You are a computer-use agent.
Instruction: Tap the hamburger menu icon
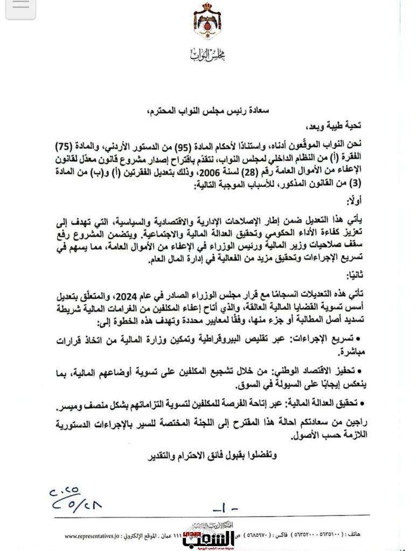(20, 7)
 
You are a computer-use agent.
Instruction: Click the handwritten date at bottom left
(75, 499)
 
